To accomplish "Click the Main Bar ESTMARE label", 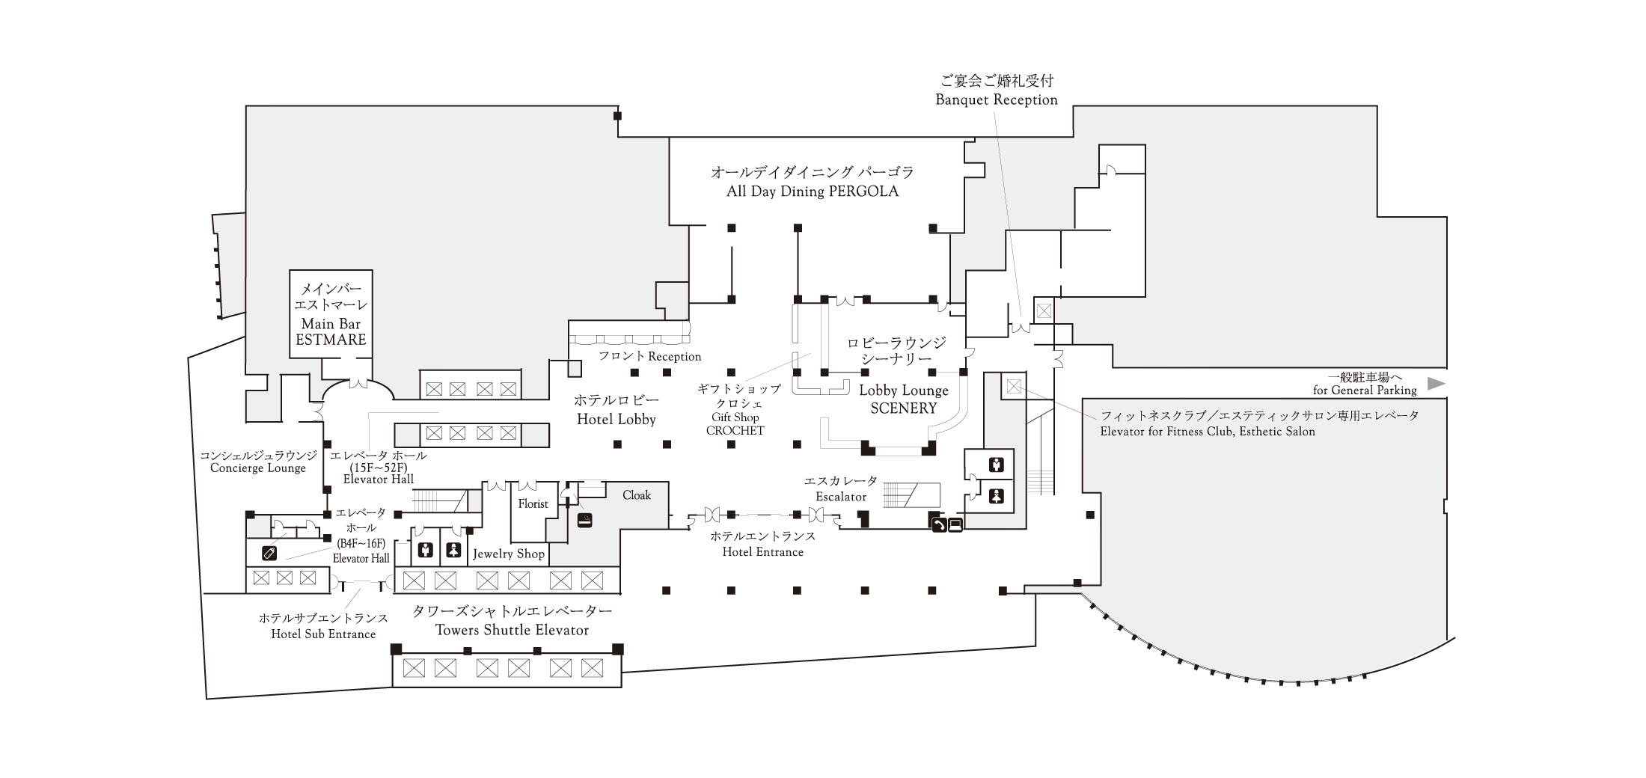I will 331,331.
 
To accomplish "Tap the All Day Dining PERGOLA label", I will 813,192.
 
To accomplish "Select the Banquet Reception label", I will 997,99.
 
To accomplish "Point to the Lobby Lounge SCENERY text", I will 903,399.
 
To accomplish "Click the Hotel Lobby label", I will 616,420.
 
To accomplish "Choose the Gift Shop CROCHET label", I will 735,424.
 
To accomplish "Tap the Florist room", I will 533,504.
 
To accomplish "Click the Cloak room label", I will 637,495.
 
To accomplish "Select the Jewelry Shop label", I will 509,554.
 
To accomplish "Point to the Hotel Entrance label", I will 762,552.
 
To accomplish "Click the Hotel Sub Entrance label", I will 323,634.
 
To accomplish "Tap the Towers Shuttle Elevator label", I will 513,630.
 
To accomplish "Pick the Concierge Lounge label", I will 258,468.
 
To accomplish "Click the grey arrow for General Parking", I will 1436,384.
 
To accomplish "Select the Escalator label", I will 841,497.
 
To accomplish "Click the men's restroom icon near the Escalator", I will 996,465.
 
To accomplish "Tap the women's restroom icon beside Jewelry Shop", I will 453,551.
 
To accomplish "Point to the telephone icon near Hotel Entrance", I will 938,525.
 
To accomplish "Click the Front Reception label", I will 649,357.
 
